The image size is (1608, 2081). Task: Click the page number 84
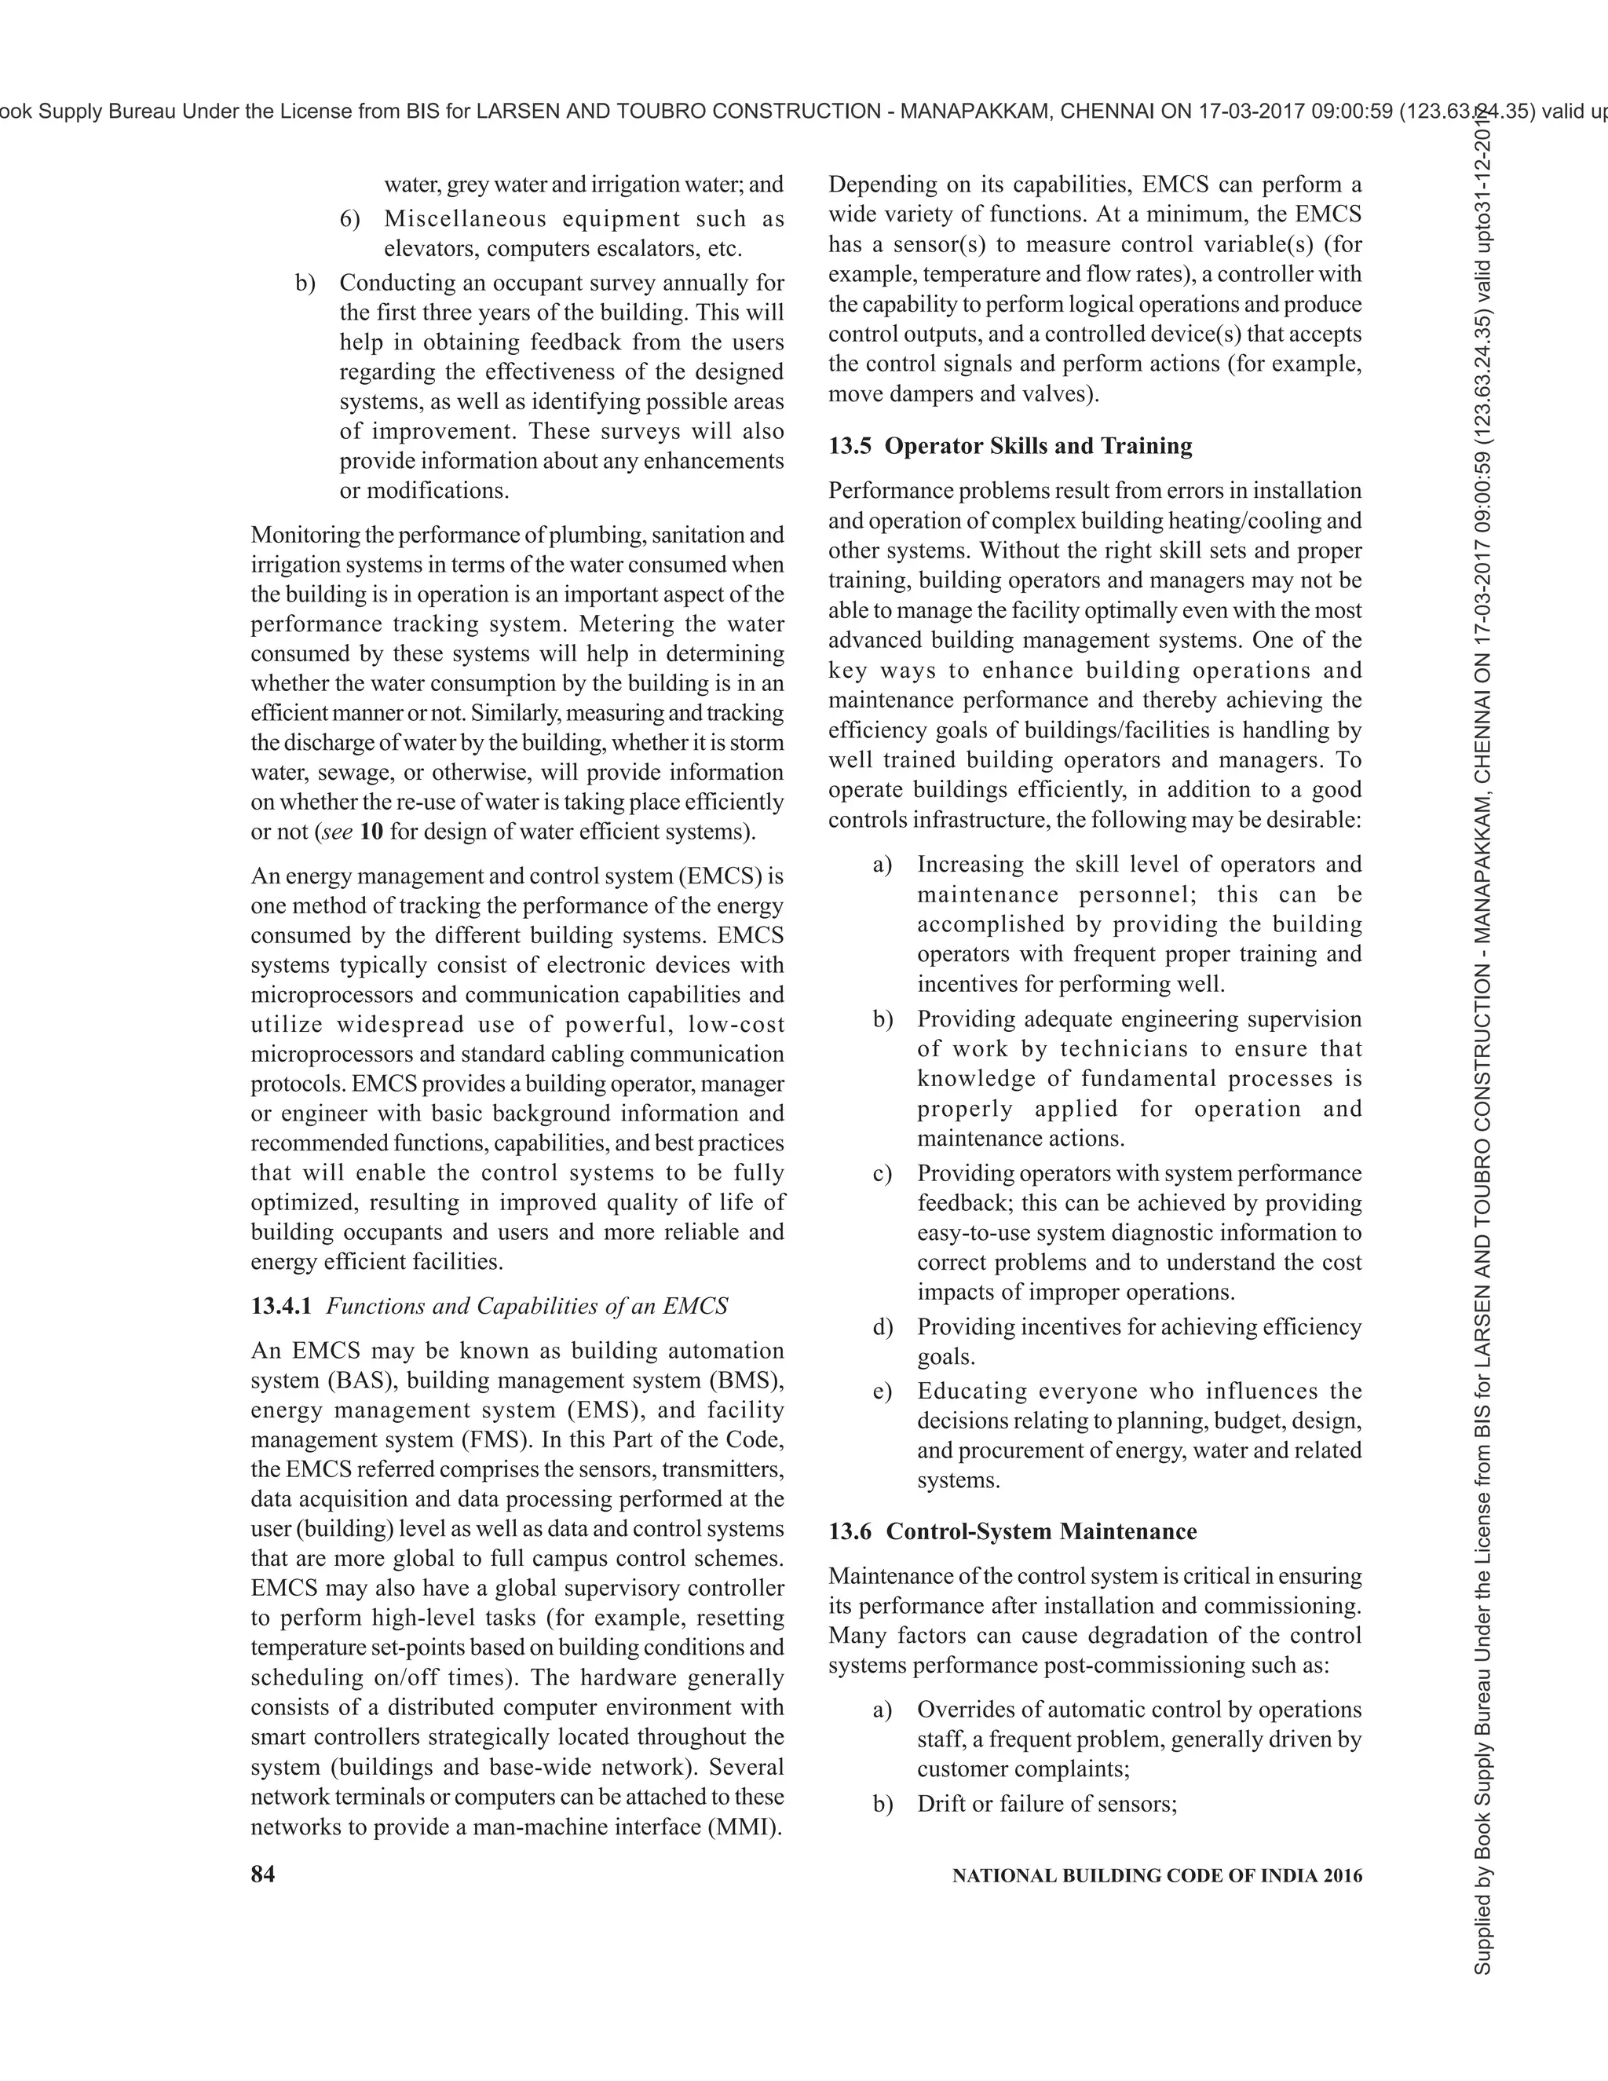(x=263, y=1874)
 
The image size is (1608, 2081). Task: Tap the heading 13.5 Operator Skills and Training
(x=1010, y=446)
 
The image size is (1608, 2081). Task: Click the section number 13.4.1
(x=281, y=1305)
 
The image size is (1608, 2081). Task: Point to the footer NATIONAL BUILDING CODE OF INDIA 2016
(x=1157, y=1875)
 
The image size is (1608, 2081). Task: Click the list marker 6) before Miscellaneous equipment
(x=350, y=219)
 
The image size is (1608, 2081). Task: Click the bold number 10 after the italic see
(x=371, y=832)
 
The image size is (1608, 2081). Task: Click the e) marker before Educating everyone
(x=882, y=1392)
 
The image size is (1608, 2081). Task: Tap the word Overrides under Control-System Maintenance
(x=966, y=1710)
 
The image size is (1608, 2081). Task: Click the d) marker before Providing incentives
(x=882, y=1327)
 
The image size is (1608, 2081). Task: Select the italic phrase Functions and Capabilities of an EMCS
(x=527, y=1305)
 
